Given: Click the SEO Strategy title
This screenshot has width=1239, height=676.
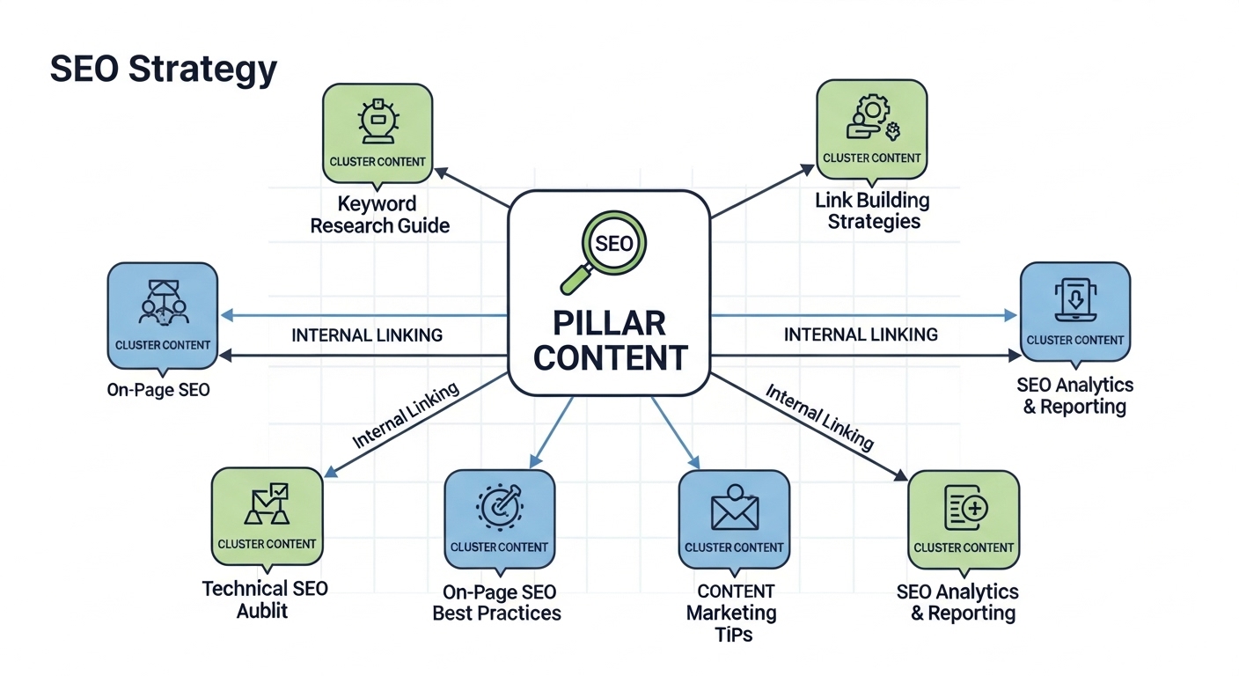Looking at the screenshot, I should click(164, 70).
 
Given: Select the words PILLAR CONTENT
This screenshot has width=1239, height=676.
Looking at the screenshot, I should click(610, 341).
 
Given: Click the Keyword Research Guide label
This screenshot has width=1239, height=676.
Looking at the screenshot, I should click(379, 215).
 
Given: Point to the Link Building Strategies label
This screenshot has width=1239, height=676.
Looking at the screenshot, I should click(872, 210).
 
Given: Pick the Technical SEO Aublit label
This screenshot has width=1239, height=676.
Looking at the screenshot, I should click(264, 599).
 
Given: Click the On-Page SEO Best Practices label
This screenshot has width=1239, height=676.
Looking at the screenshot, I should click(496, 602).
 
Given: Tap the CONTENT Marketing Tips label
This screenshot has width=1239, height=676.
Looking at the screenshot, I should click(733, 612).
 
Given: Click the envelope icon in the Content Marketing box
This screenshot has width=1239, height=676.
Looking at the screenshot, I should click(734, 510).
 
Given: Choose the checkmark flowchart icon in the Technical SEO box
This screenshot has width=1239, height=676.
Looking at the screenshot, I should click(267, 504).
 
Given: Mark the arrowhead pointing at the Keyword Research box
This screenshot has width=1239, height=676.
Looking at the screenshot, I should click(440, 173).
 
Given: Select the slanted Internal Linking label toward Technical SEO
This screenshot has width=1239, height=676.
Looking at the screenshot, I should click(406, 415).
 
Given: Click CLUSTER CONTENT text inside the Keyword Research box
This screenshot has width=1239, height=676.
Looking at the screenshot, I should click(378, 162).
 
